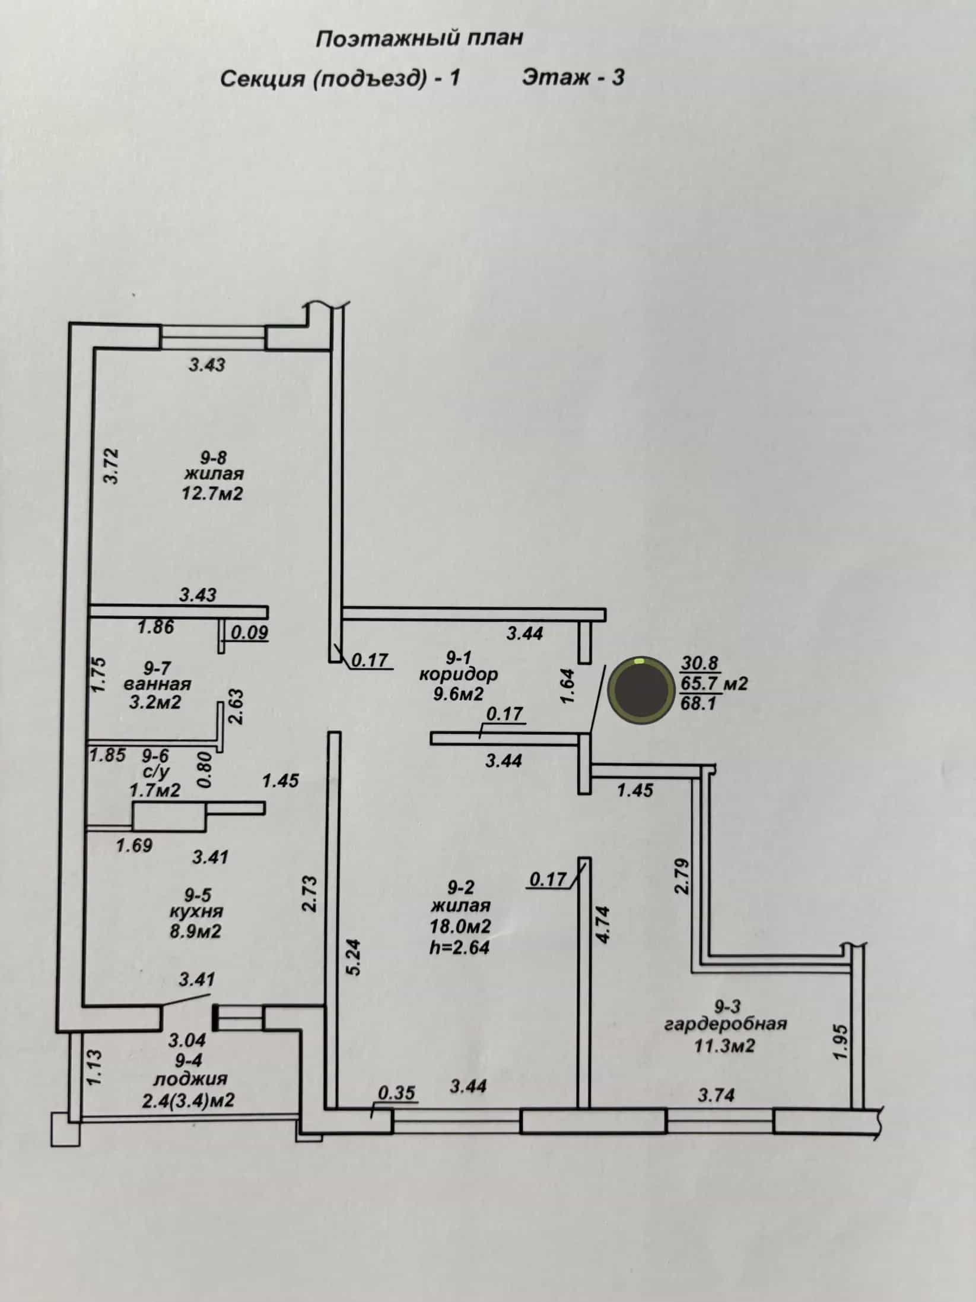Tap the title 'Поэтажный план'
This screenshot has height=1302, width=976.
(420, 39)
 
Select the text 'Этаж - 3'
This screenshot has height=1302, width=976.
(573, 78)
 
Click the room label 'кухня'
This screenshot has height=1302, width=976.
(195, 911)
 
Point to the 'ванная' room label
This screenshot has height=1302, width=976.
(157, 683)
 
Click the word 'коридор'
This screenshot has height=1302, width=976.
(459, 674)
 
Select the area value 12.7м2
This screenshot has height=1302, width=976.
(213, 493)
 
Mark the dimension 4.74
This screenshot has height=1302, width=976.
(603, 924)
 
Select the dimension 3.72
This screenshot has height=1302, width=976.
(112, 466)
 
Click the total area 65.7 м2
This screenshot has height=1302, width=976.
(713, 684)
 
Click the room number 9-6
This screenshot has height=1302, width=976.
(155, 755)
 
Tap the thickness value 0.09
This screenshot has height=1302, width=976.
(249, 633)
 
